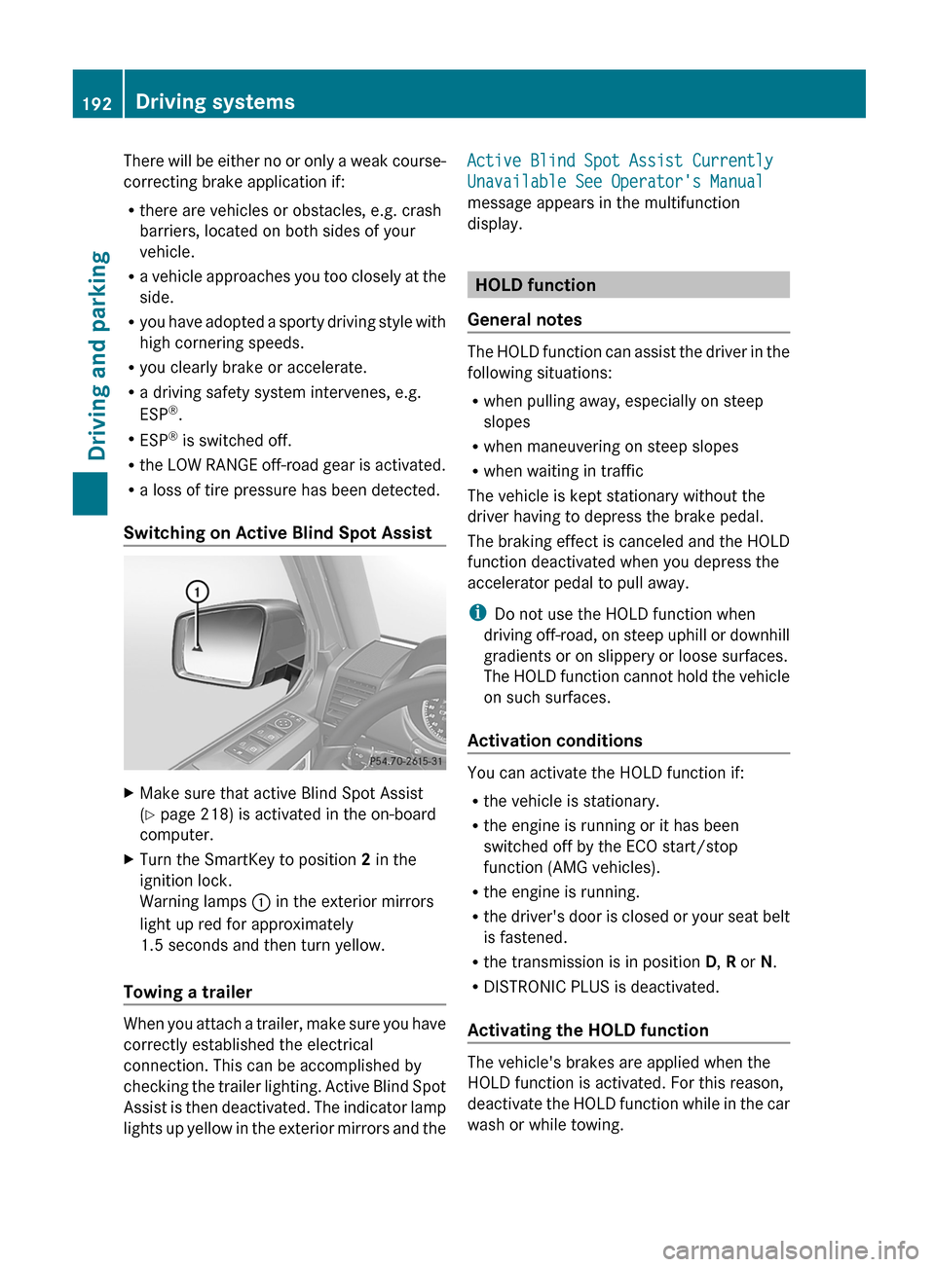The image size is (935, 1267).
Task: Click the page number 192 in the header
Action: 96,103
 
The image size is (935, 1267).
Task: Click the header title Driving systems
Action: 215,102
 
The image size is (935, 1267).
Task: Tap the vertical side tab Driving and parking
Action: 97,355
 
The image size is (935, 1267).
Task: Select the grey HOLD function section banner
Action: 627,285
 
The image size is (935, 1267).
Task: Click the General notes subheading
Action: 525,320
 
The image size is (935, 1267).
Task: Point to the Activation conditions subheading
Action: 554,741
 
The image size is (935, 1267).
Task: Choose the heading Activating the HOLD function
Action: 587,1031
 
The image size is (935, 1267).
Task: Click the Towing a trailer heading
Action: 188,993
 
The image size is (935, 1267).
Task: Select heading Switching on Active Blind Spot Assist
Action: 278,533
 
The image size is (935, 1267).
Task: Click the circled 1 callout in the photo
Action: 198,592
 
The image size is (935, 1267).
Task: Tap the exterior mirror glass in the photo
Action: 219,642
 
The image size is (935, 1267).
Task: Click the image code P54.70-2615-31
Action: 405,761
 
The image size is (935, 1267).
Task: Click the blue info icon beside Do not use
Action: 476,613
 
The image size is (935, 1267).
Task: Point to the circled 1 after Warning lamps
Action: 261,902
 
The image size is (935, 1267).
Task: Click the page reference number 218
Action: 216,814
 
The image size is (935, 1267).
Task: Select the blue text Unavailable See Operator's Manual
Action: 615,182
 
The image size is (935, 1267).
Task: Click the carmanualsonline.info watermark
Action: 790,1249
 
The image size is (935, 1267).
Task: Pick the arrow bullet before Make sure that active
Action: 130,793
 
